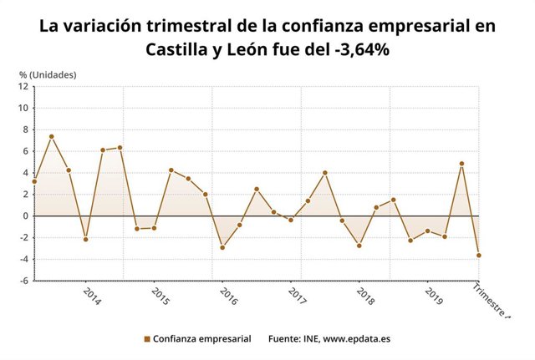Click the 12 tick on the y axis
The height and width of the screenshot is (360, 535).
tap(24, 86)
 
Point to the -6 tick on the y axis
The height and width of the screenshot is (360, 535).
tap(24, 281)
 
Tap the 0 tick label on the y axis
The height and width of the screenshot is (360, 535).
tap(27, 215)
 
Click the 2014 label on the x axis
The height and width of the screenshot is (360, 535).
tap(91, 297)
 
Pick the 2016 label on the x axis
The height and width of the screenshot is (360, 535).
tap(227, 297)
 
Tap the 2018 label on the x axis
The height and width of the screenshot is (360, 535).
tap(364, 297)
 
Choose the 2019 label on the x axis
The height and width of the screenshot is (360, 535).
tap(433, 297)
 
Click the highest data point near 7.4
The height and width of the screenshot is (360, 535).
tap(51, 136)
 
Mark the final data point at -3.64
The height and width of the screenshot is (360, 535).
tap(479, 256)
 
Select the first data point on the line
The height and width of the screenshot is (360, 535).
tap(34, 181)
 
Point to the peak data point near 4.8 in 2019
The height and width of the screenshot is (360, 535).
tap(461, 164)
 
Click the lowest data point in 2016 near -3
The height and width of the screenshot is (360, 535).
tap(222, 247)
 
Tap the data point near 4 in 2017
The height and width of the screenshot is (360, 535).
tap(325, 173)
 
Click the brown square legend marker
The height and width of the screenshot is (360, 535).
tap(147, 339)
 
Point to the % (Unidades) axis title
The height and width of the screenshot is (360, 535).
tap(48, 75)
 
